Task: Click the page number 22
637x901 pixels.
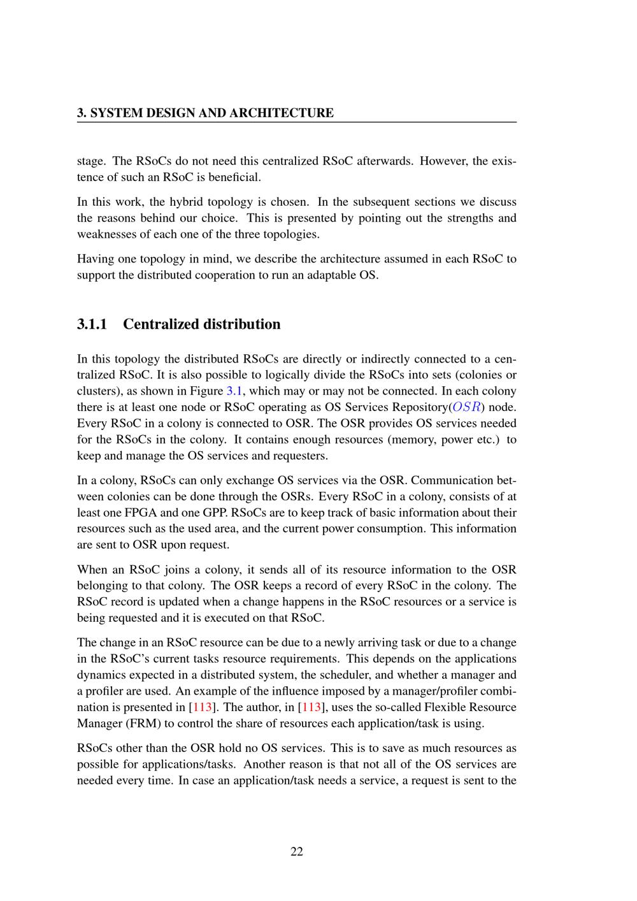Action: coord(297,851)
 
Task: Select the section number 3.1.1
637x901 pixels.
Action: coord(92,324)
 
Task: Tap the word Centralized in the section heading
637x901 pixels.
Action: coord(162,324)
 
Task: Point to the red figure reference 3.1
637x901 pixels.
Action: coord(234,391)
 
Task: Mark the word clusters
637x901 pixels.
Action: coord(97,391)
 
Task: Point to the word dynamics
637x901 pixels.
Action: coord(101,675)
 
